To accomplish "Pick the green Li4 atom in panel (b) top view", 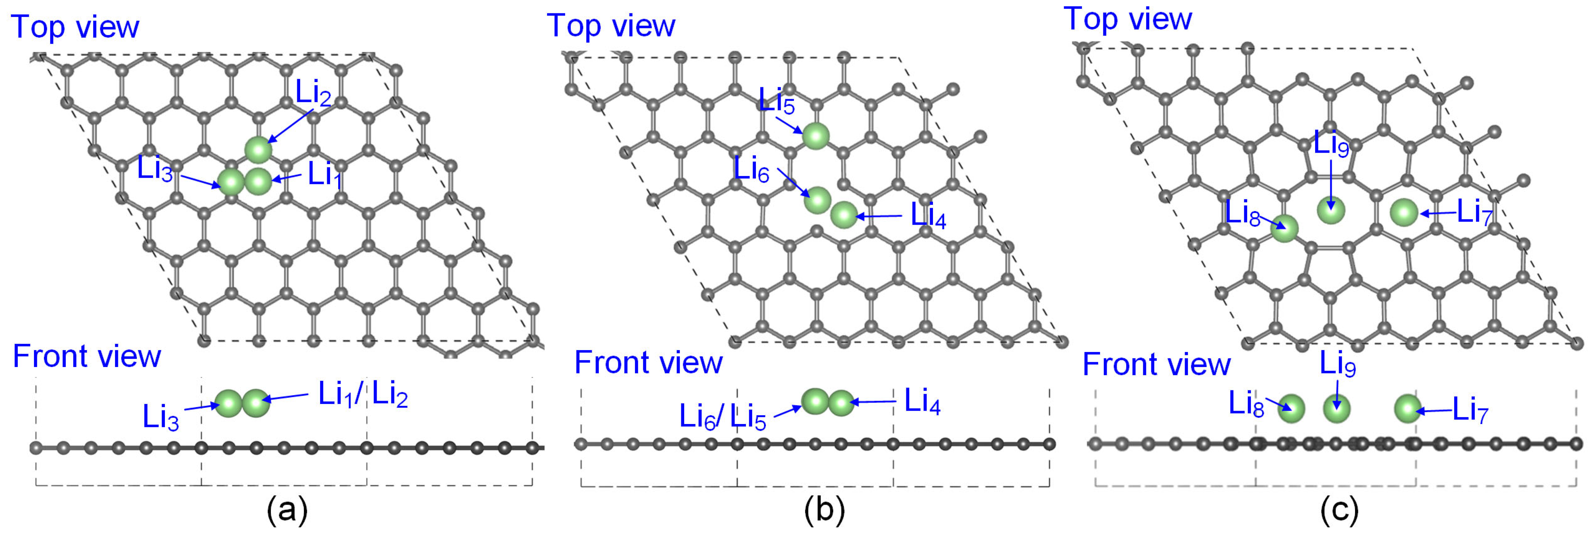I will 843,215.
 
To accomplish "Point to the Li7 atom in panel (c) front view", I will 1408,408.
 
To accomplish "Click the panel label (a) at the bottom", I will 287,510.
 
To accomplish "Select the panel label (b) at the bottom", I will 824,510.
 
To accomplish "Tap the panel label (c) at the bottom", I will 1339,510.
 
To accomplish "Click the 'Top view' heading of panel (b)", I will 611,26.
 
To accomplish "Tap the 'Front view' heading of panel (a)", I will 86,357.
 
